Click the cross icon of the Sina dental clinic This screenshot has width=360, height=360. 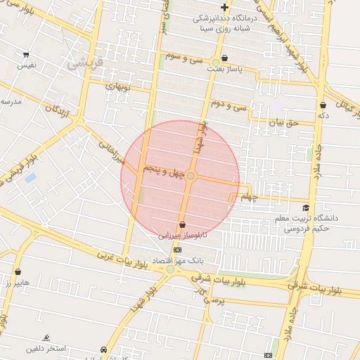point(224,7)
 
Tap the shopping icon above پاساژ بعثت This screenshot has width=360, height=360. point(224,58)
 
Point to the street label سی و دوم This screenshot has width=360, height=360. point(230,106)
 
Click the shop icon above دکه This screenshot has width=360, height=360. point(323,105)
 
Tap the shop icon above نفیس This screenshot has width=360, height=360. point(26,55)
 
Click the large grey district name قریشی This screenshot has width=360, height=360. point(85,63)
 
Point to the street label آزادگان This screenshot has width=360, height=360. point(58,108)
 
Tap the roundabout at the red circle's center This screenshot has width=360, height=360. point(191,176)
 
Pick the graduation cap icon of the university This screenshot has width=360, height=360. point(306,208)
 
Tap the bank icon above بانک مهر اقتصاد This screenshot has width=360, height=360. point(176,250)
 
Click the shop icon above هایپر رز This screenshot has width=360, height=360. point(18,271)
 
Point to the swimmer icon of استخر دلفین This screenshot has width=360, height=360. point(46,338)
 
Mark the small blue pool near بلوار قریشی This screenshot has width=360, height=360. point(30,178)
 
